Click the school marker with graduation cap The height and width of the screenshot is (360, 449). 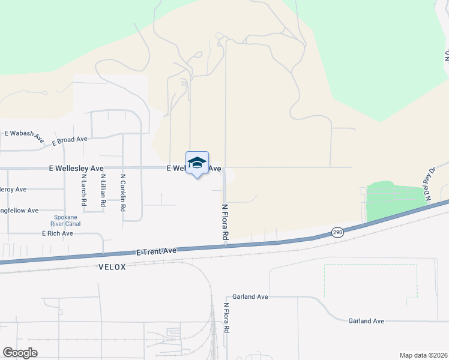coord(197,163)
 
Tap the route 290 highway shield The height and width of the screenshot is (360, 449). coord(337,232)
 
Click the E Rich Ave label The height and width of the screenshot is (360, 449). coord(58,233)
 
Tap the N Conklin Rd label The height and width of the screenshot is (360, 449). coord(123,193)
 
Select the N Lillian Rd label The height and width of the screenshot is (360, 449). coord(103,191)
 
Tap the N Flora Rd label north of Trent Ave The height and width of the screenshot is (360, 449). coord(226,222)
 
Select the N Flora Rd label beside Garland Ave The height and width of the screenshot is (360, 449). coord(227,318)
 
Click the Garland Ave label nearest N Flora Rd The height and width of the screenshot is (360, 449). coord(251,296)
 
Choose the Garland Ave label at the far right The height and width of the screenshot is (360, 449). coord(366,321)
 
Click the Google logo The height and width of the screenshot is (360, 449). coord(20,353)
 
